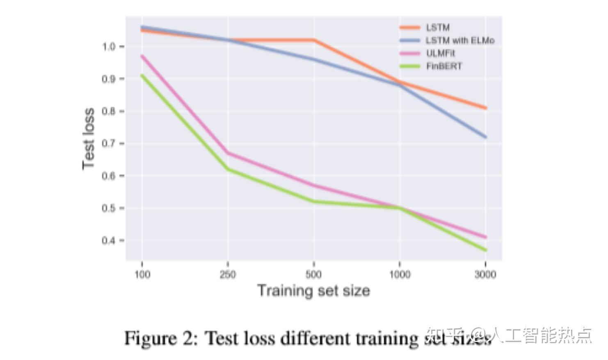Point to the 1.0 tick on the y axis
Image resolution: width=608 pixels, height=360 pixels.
pyautogui.click(x=109, y=46)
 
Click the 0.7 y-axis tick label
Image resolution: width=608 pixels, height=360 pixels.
pyautogui.click(x=109, y=144)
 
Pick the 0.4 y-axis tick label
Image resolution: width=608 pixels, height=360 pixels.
pyautogui.click(x=109, y=240)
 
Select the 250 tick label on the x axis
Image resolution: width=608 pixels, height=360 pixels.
pyautogui.click(x=228, y=274)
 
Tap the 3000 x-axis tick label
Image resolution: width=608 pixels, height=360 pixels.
pyautogui.click(x=485, y=274)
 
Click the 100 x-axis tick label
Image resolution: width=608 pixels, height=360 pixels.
pyautogui.click(x=142, y=274)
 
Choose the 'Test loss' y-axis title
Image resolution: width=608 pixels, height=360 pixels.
pyautogui.click(x=89, y=139)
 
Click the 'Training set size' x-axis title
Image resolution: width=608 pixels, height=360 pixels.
pyautogui.click(x=313, y=291)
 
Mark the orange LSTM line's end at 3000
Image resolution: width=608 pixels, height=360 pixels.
pyautogui.click(x=485, y=108)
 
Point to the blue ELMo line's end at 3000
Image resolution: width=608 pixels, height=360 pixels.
pyautogui.click(x=485, y=137)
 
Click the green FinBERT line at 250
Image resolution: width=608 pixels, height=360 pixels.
pyautogui.click(x=228, y=169)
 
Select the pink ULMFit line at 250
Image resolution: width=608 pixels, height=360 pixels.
pyautogui.click(x=228, y=153)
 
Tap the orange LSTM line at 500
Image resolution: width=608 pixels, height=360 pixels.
pyautogui.click(x=314, y=40)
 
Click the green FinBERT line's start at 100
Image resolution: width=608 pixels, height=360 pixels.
pyautogui.click(x=142, y=75)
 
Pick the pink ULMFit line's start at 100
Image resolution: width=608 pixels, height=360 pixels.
pyautogui.click(x=142, y=56)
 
